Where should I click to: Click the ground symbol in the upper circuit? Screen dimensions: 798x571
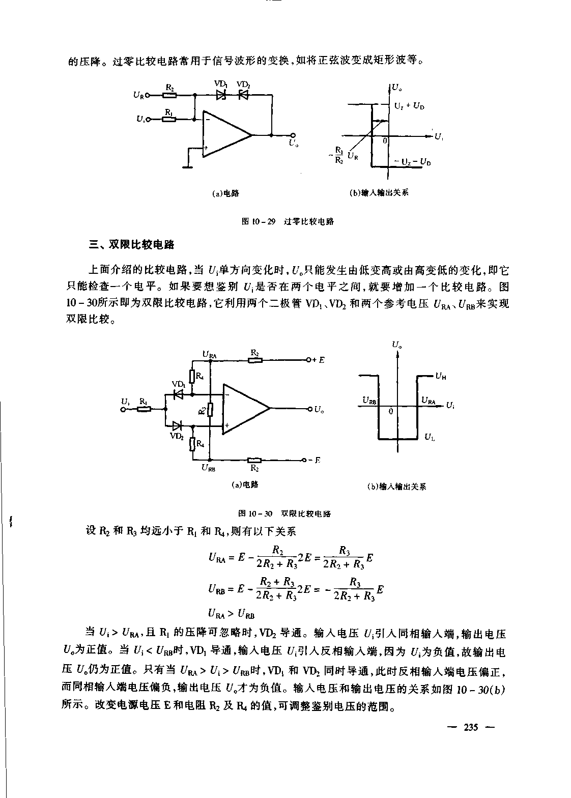coord(188,165)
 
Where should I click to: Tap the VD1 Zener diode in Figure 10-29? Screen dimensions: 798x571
coord(221,95)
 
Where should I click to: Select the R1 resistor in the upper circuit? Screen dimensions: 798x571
coord(169,120)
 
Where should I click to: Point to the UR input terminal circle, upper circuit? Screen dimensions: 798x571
coord(148,95)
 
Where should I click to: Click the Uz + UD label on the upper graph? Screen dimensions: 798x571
coord(409,106)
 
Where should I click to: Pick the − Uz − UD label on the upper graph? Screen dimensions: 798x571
coord(413,162)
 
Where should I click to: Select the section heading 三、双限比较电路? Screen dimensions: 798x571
coord(132,245)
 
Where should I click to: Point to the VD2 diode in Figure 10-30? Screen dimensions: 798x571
coord(178,425)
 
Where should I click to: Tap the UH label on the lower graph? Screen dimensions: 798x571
coord(440,377)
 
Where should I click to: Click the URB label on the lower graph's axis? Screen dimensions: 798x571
coord(369,401)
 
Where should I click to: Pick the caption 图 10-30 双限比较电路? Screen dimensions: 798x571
coord(285,514)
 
